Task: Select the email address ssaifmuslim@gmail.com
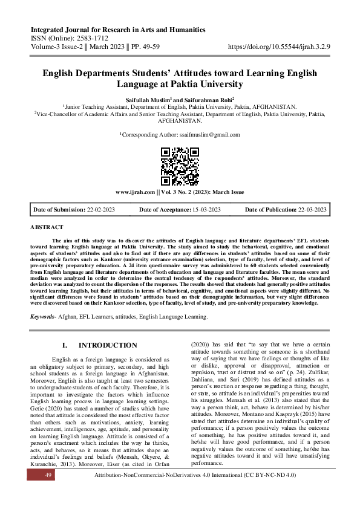pos(208,135)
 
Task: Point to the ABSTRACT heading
pos(47,227)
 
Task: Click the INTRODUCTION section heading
pos(108,345)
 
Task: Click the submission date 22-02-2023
pos(105,209)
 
